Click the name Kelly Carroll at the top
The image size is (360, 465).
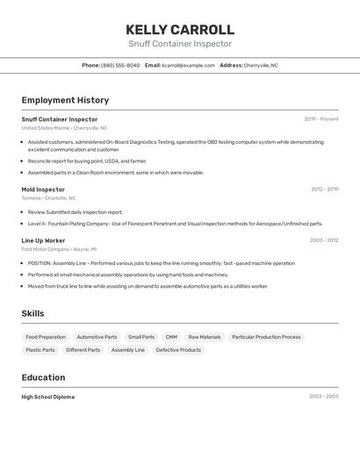tap(180, 29)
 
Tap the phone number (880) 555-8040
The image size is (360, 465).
tap(120, 65)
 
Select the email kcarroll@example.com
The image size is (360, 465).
tap(188, 65)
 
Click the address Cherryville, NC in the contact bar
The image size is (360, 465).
tap(260, 65)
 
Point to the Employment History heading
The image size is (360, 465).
tap(65, 100)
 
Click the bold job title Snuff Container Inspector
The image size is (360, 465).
tap(60, 119)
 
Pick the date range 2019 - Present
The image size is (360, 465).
tap(320, 119)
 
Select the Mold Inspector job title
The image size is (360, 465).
tap(43, 190)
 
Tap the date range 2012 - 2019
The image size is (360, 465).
tap(324, 190)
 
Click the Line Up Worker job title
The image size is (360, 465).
tap(43, 240)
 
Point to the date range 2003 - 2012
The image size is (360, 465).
tap(324, 240)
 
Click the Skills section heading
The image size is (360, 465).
tap(32, 314)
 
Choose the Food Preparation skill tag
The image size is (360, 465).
tap(46, 337)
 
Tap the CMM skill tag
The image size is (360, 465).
tap(171, 337)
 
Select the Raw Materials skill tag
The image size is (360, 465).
tap(205, 337)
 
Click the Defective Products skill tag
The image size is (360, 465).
tap(178, 350)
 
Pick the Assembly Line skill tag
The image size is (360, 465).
tap(128, 350)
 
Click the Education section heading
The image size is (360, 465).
tap(43, 377)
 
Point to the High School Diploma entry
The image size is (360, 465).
tap(48, 397)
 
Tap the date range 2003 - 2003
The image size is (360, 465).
tap(323, 397)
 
